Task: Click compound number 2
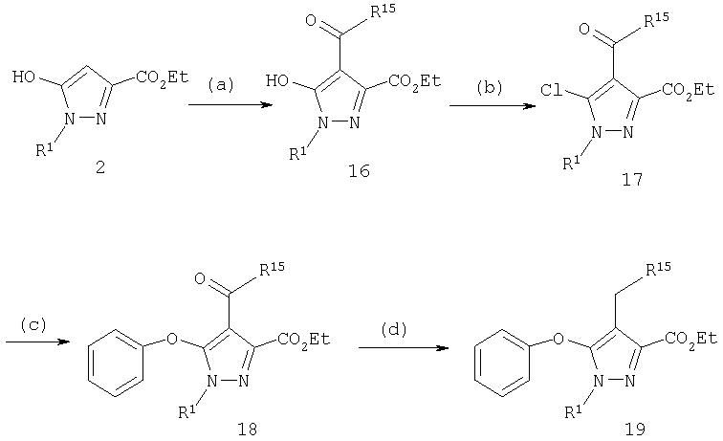tap(100, 167)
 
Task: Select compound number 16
tap(359, 171)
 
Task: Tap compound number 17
tap(632, 179)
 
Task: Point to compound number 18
tap(247, 429)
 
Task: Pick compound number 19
tap(634, 429)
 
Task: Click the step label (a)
tap(221, 85)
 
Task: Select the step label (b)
tap(490, 87)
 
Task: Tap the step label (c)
tap(33, 324)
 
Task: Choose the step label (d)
tap(393, 329)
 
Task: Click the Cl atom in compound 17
tap(552, 90)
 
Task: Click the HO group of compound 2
tap(24, 77)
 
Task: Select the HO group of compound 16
tap(277, 81)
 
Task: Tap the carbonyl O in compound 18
tap(200, 278)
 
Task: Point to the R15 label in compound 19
tap(658, 270)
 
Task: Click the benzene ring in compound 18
tap(115, 363)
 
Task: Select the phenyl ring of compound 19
tap(501, 363)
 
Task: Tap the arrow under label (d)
tap(404, 347)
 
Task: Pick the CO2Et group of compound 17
tap(688, 90)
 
